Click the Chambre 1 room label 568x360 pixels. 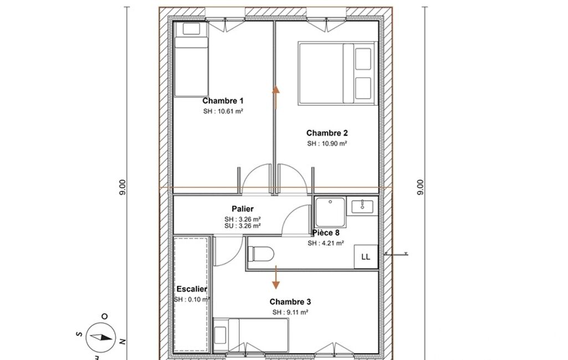pyautogui.click(x=223, y=101)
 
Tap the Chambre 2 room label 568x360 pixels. pyautogui.click(x=327, y=133)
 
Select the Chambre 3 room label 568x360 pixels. pyautogui.click(x=290, y=302)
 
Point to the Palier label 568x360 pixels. pyautogui.click(x=243, y=209)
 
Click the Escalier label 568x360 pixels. pyautogui.click(x=192, y=289)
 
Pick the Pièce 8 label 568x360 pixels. pyautogui.click(x=326, y=233)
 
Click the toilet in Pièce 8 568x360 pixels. pyautogui.click(x=261, y=254)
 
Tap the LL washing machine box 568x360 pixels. pyautogui.click(x=366, y=257)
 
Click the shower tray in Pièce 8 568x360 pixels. pyautogui.click(x=330, y=212)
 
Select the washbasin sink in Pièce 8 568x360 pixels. pyautogui.click(x=362, y=206)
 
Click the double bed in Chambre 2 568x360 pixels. pyautogui.click(x=337, y=74)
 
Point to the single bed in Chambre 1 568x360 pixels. pyautogui.click(x=191, y=59)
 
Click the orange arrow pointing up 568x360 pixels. pyautogui.click(x=276, y=97)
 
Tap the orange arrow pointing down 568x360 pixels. pyautogui.click(x=276, y=277)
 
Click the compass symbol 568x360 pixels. pyautogui.click(x=101, y=337)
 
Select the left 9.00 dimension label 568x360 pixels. pyautogui.click(x=123, y=188)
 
